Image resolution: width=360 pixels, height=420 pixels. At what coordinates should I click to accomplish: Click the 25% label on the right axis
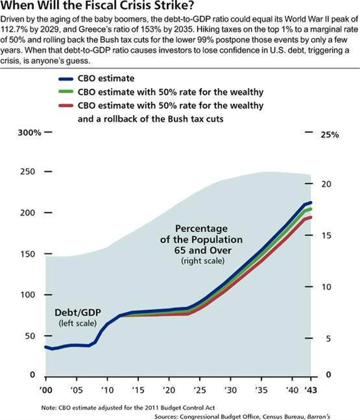330,135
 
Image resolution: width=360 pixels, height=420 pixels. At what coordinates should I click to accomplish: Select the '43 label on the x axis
311,390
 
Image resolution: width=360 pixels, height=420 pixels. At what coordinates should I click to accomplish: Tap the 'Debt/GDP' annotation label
74,312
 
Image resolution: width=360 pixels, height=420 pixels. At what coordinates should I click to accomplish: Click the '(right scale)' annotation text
202,261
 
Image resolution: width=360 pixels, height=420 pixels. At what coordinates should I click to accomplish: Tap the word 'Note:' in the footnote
49,407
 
